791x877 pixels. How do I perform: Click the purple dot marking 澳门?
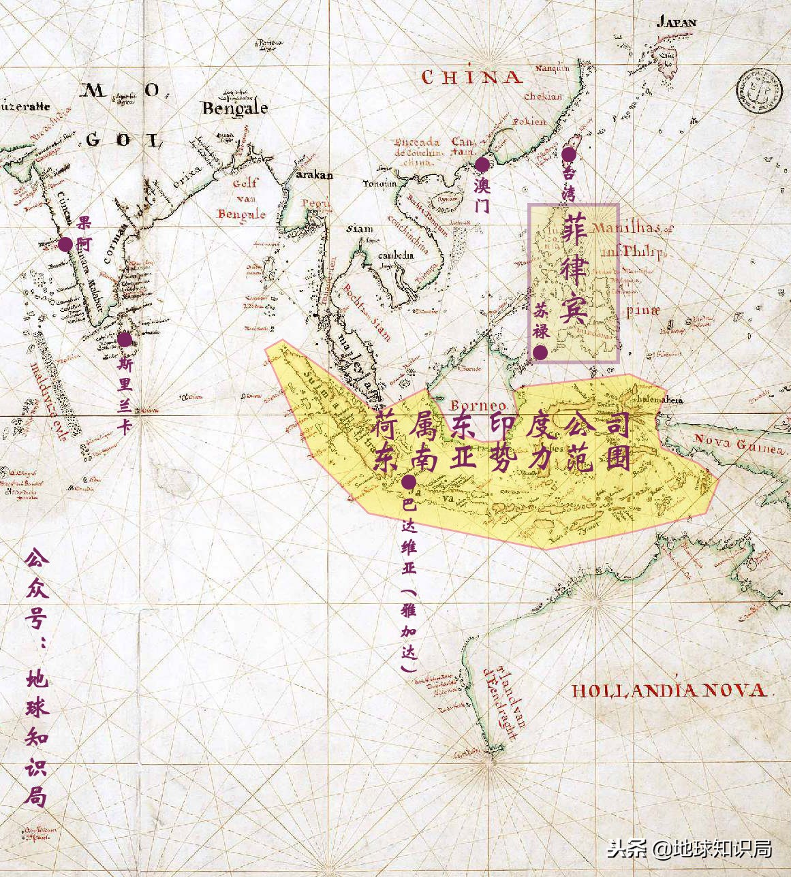click(482, 164)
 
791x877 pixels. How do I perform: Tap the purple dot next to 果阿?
click(65, 244)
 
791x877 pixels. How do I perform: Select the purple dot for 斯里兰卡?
click(125, 339)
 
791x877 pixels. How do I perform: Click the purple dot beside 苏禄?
click(540, 352)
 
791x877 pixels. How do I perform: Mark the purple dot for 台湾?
click(568, 155)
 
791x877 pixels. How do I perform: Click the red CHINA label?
click(472, 77)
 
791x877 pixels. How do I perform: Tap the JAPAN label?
click(676, 22)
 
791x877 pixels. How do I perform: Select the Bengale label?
click(234, 108)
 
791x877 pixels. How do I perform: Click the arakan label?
click(313, 175)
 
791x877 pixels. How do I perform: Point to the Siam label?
click(359, 229)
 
